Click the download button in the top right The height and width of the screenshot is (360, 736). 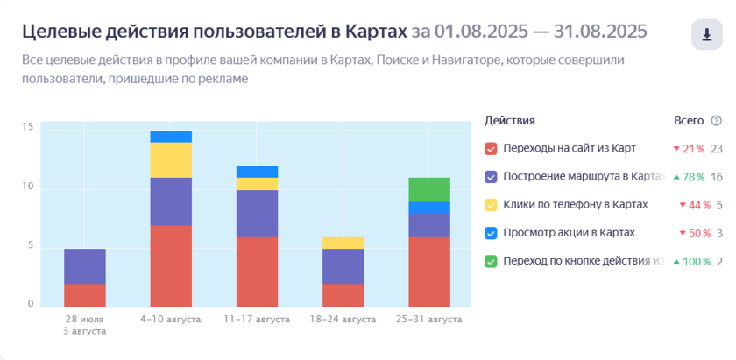[706, 34]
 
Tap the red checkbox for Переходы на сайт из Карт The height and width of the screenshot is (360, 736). [491, 149]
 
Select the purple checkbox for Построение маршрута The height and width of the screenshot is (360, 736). [491, 177]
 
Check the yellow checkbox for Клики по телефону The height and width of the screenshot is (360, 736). [491, 205]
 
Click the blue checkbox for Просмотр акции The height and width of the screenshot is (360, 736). [491, 233]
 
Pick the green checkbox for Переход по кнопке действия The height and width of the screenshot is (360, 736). [491, 261]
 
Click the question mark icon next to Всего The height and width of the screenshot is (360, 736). [717, 121]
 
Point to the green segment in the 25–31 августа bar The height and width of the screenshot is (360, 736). [429, 189]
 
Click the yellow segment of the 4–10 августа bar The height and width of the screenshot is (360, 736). [171, 159]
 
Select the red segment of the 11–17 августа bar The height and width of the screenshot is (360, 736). [257, 271]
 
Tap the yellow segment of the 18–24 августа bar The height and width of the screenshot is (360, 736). [343, 243]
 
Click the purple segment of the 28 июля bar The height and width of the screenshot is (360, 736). [85, 266]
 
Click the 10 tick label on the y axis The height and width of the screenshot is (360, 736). [28, 187]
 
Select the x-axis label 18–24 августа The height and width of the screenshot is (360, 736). [343, 320]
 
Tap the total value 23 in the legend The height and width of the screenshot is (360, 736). [717, 149]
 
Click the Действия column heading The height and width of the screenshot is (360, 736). [509, 121]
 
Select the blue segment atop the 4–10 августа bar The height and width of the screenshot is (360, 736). [171, 137]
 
